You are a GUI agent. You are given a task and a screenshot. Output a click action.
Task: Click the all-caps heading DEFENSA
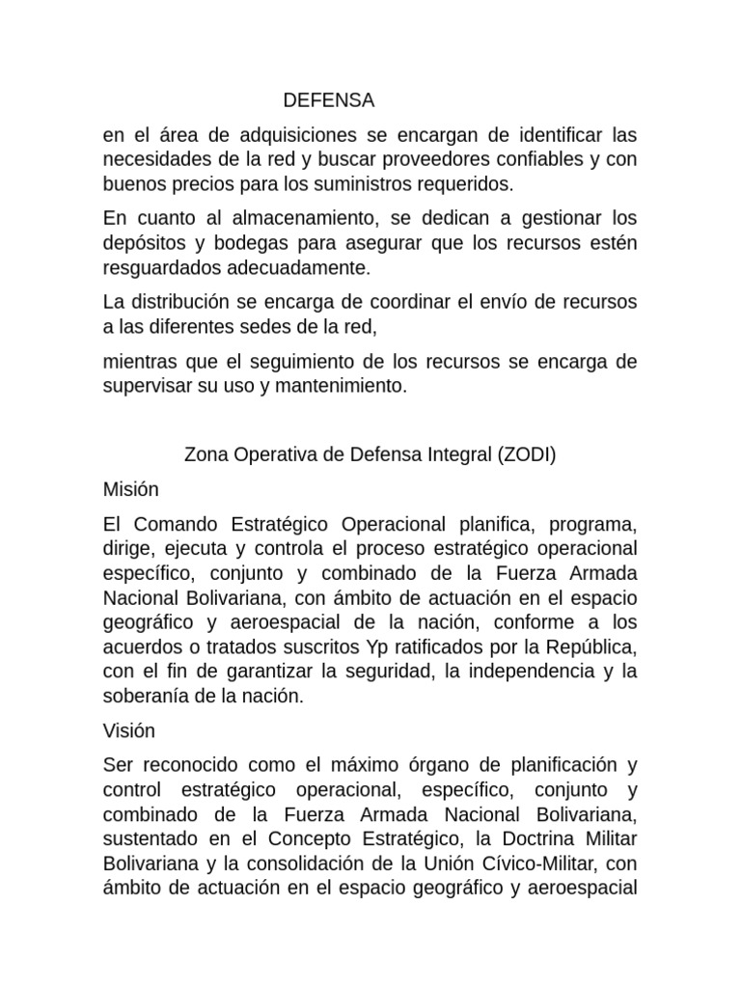point(328,100)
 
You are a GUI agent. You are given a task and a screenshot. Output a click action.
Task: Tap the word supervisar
point(145,385)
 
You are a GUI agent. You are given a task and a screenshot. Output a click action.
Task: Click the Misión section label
point(130,490)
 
